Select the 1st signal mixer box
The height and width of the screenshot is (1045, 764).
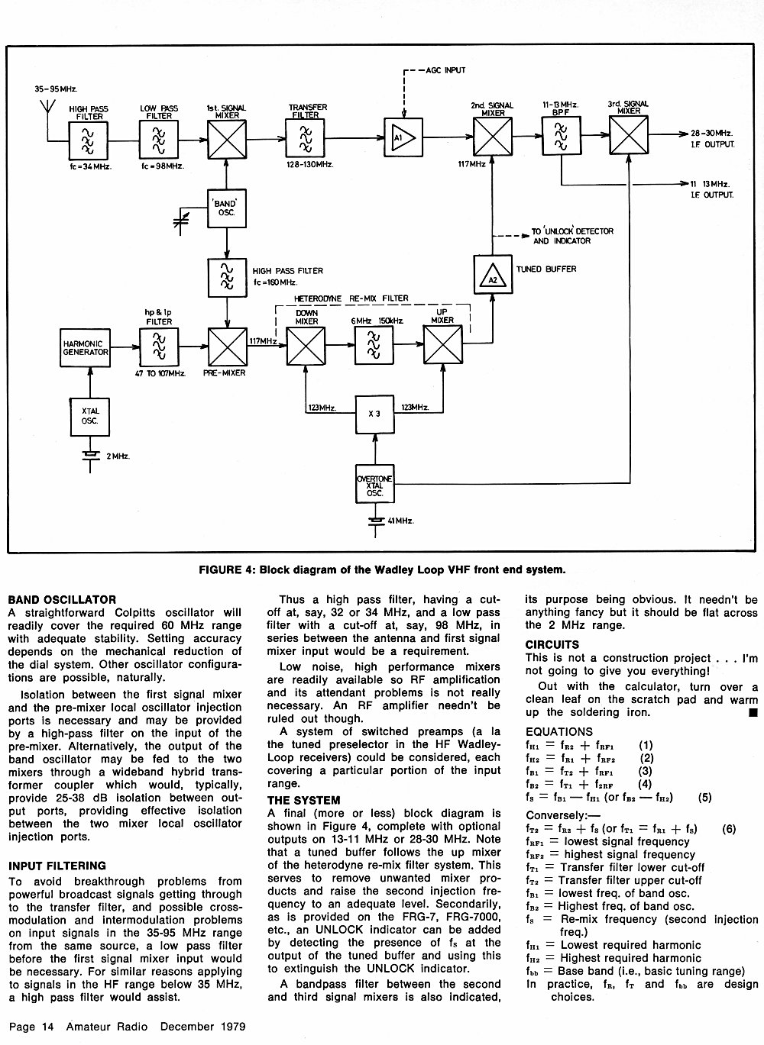(x=227, y=140)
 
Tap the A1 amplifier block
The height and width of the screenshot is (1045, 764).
(x=403, y=137)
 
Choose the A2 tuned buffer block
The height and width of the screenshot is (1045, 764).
(x=493, y=274)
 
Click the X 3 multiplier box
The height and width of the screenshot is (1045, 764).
(x=374, y=414)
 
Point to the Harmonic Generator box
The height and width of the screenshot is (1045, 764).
(x=86, y=348)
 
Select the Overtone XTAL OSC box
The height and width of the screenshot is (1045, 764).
(x=374, y=484)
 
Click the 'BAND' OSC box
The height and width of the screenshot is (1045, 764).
(x=227, y=208)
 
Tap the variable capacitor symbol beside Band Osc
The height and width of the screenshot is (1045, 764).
(x=181, y=222)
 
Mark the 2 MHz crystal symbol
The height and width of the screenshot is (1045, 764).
(x=90, y=456)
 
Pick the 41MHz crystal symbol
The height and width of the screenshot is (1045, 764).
(x=375, y=521)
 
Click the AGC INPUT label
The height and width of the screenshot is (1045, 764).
(x=445, y=70)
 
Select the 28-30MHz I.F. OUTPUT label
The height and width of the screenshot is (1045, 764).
(x=713, y=139)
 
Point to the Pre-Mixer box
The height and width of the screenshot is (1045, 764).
(x=228, y=347)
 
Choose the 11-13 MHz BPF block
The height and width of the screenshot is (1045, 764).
(x=561, y=136)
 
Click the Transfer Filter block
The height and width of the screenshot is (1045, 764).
(x=305, y=137)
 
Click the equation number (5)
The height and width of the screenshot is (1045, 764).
(x=704, y=797)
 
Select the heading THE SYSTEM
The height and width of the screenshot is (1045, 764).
(x=303, y=801)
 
